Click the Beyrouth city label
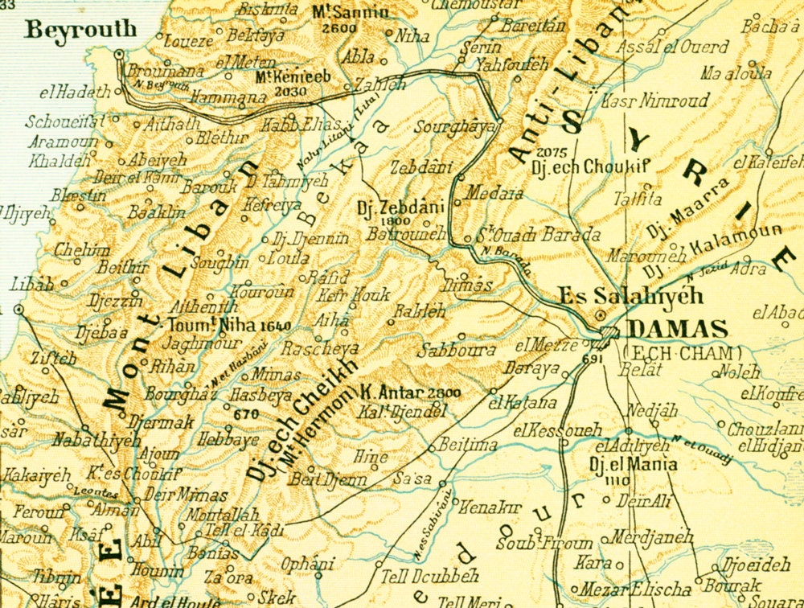pos(70,31)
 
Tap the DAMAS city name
pos(677,329)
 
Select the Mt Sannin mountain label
pos(350,12)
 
